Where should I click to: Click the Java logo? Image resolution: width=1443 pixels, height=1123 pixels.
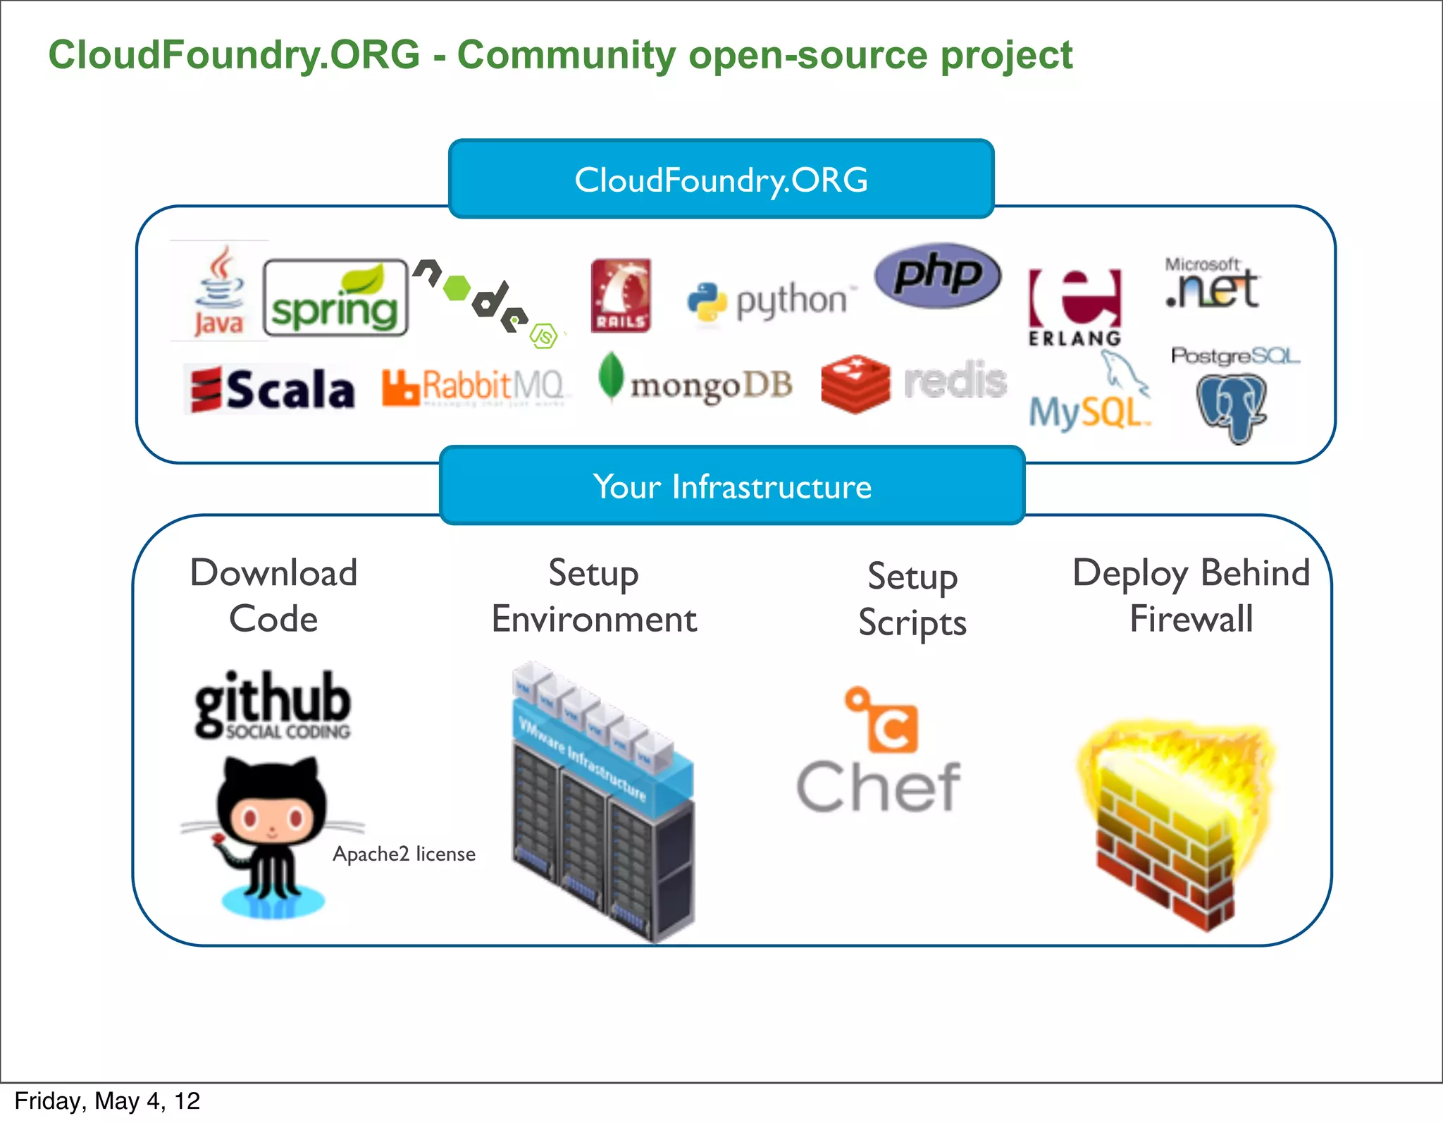[219, 292]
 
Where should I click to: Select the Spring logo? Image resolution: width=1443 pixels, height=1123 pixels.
[335, 297]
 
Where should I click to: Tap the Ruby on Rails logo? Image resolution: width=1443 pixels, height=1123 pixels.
[621, 295]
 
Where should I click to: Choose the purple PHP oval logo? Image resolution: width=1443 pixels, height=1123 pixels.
[938, 275]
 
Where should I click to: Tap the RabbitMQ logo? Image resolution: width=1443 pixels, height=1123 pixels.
[473, 387]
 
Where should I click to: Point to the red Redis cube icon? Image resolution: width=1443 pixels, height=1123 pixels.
[855, 383]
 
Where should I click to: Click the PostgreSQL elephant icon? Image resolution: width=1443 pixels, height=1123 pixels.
[1231, 408]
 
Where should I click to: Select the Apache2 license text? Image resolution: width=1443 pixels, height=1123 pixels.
[404, 854]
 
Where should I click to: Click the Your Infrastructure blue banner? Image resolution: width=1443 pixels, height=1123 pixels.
[732, 486]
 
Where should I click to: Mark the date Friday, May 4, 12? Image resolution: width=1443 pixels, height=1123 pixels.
[107, 1101]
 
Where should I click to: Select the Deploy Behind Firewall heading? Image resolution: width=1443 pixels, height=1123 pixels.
[1191, 596]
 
